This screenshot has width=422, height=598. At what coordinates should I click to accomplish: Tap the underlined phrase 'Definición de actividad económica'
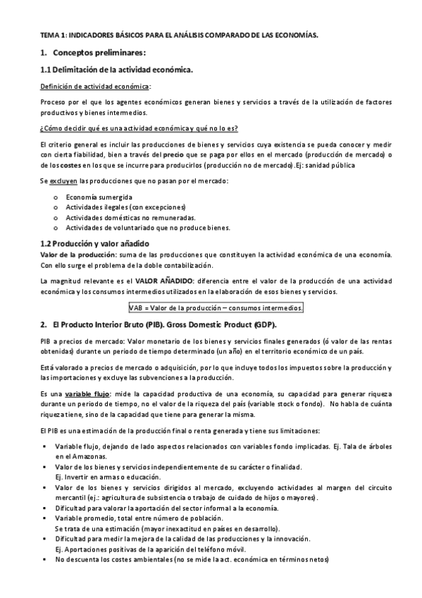point(94,86)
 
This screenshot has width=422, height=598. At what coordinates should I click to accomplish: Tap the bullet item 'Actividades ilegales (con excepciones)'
point(125,207)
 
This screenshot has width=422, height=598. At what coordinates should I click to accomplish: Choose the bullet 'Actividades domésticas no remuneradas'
point(130,217)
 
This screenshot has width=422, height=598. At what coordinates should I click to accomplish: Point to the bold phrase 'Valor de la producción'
point(73,253)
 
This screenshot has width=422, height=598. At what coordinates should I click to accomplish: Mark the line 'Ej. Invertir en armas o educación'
point(105,477)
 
